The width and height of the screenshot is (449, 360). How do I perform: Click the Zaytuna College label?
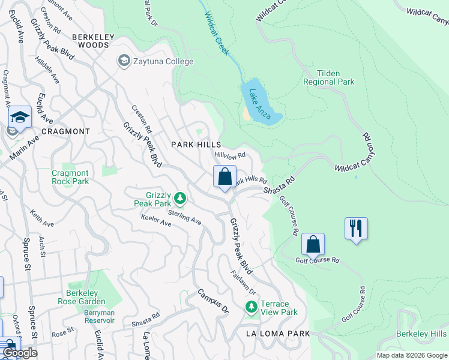(163, 62)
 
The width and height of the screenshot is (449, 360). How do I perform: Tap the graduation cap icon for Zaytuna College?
(124, 61)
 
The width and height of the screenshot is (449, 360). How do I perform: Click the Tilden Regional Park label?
(328, 77)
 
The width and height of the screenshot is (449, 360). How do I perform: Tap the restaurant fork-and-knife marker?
(357, 228)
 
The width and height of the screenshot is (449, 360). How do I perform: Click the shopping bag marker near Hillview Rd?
(225, 177)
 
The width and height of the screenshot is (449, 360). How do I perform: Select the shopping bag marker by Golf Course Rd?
(313, 244)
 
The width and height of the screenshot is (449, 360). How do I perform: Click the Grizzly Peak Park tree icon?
(179, 198)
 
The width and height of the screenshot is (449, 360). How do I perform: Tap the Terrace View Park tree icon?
(252, 307)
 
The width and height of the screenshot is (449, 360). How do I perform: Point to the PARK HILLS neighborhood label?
(196, 145)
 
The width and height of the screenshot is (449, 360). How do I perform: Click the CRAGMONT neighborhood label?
(66, 131)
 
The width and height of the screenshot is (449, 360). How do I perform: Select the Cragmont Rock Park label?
(70, 177)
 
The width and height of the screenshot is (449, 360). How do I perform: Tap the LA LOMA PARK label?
(278, 334)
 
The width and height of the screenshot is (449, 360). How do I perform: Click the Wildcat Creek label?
(217, 34)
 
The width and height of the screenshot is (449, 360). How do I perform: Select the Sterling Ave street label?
(184, 217)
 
